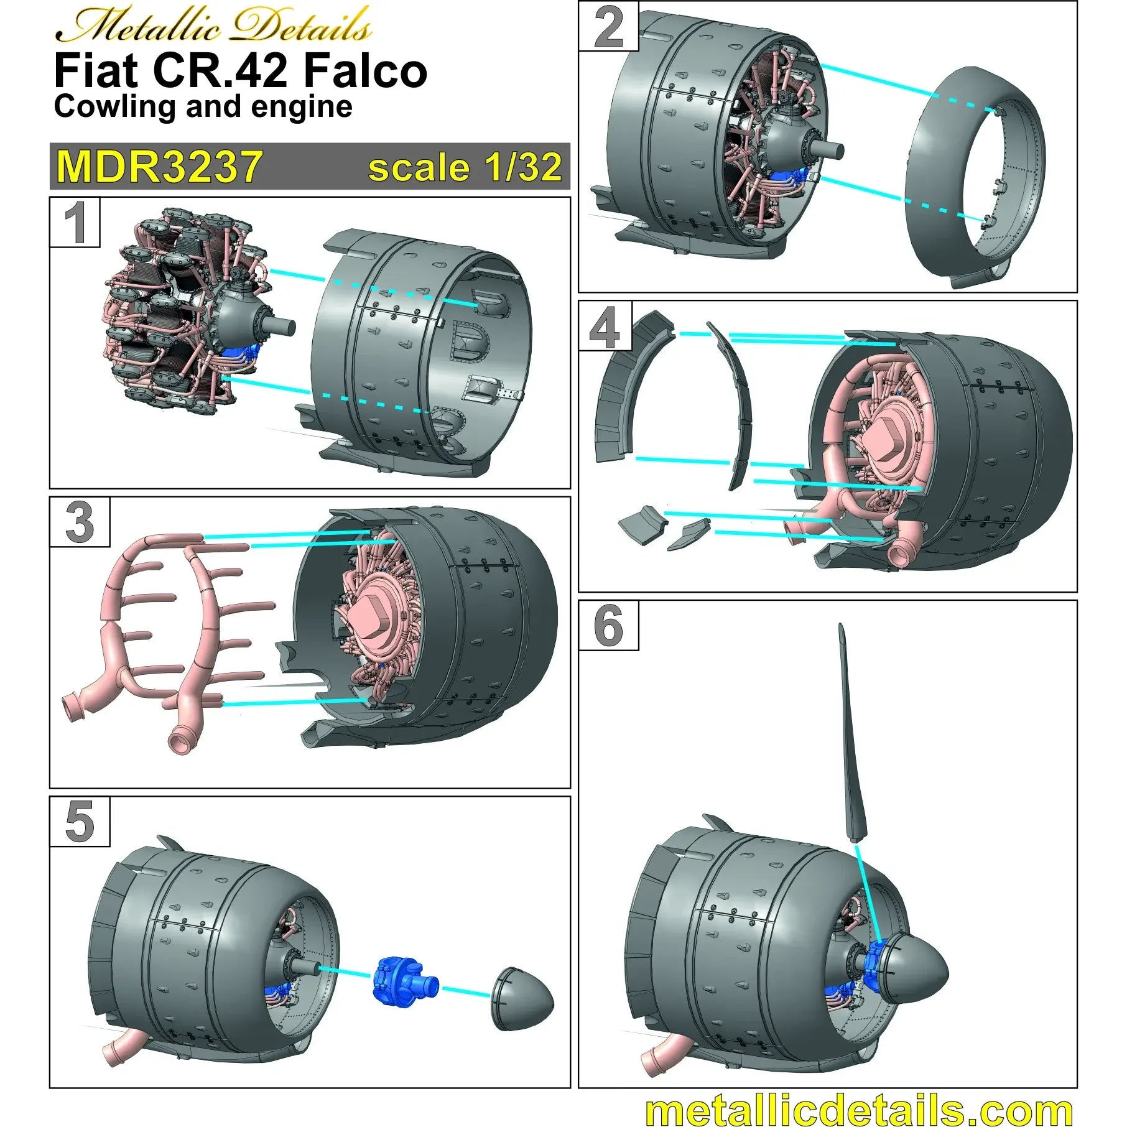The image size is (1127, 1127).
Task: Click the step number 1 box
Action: [75, 222]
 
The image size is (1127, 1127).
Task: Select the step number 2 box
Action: [608, 26]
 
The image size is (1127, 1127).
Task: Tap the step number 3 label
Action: [80, 522]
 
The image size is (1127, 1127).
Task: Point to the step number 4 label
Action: [605, 327]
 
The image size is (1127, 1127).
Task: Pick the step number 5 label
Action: [80, 822]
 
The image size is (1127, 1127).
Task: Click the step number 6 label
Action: [608, 625]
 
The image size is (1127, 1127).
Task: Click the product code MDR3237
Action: [159, 167]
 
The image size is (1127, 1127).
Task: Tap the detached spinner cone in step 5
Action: [521, 1001]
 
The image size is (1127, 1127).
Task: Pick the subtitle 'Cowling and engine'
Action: [203, 106]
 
